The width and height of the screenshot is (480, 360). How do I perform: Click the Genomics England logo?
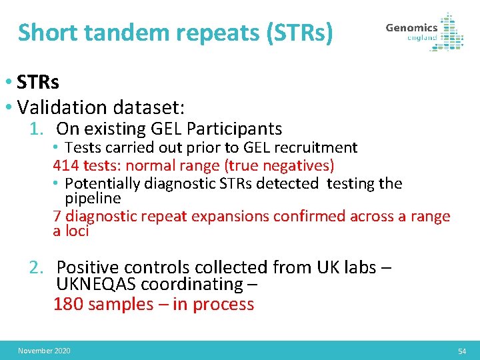pyautogui.click(x=424, y=31)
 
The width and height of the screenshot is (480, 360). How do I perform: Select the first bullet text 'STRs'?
pyautogui.click(x=38, y=82)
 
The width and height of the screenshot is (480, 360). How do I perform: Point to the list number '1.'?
pyautogui.click(x=38, y=129)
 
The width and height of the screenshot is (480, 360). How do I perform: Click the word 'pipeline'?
pyautogui.click(x=93, y=199)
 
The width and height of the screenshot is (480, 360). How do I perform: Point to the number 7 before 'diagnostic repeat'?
pyautogui.click(x=57, y=216)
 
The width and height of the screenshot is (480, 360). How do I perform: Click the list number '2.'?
pyautogui.click(x=37, y=267)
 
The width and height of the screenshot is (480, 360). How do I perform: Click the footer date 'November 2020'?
pyautogui.click(x=44, y=351)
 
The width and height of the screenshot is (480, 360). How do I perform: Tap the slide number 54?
pyautogui.click(x=462, y=351)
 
